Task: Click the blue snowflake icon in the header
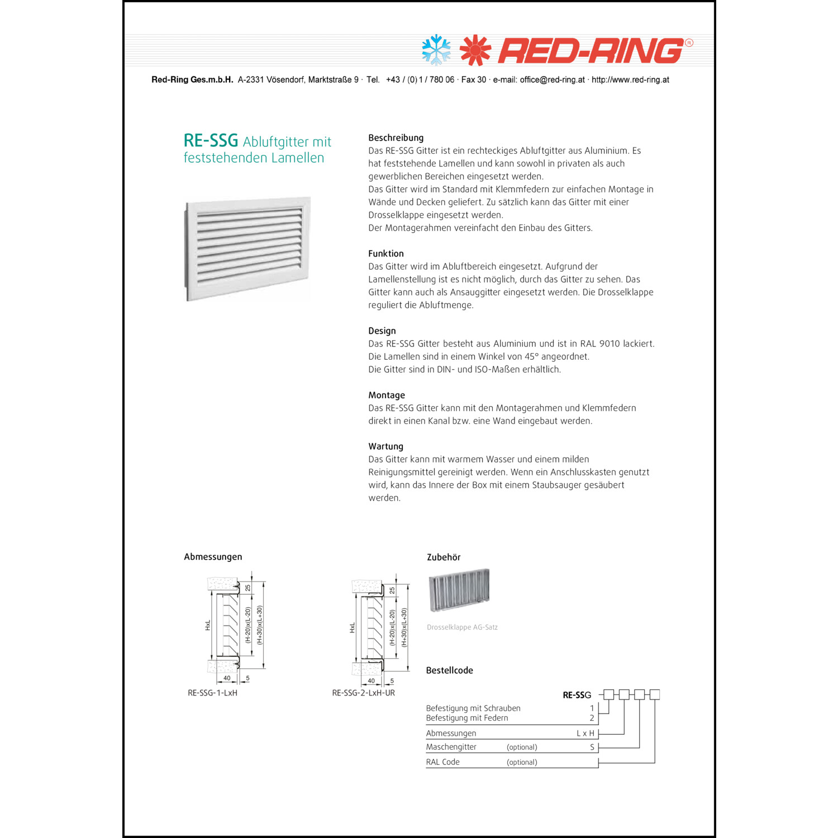tap(436, 50)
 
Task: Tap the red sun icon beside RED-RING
tap(475, 50)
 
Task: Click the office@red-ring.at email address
tap(552, 80)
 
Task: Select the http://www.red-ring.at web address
tap(630, 80)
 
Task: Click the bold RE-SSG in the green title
tap(211, 140)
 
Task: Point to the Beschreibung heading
tap(396, 138)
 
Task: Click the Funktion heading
tap(385, 254)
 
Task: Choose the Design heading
tap(382, 331)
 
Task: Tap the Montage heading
tap(386, 395)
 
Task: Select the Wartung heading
tap(385, 446)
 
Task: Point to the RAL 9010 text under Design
tap(600, 344)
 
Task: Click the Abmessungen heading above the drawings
tap(213, 557)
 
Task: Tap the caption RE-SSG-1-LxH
tap(212, 693)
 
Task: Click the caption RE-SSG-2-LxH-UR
tap(363, 693)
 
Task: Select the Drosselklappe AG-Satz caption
tap(462, 627)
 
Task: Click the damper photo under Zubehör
tap(459, 591)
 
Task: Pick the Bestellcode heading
tap(449, 670)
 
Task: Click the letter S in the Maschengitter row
tap(592, 747)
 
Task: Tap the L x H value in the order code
tap(585, 734)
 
